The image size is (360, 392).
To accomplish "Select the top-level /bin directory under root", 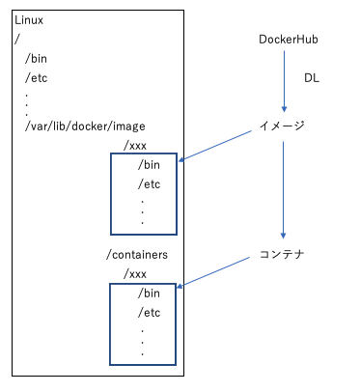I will coord(36,59).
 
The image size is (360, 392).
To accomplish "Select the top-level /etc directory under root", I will coord(36,78).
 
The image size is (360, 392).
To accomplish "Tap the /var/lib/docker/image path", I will coord(85,126).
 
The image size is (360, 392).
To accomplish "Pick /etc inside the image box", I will coord(149,183).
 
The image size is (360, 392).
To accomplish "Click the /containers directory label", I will coord(138,255).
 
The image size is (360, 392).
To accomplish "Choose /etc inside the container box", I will coord(149,313).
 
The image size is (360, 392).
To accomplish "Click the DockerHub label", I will coord(289,40).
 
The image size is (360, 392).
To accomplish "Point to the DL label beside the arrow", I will coord(312,76).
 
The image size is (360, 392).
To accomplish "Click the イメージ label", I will coord(283,126).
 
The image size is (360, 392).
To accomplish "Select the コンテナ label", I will coord(283,255).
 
